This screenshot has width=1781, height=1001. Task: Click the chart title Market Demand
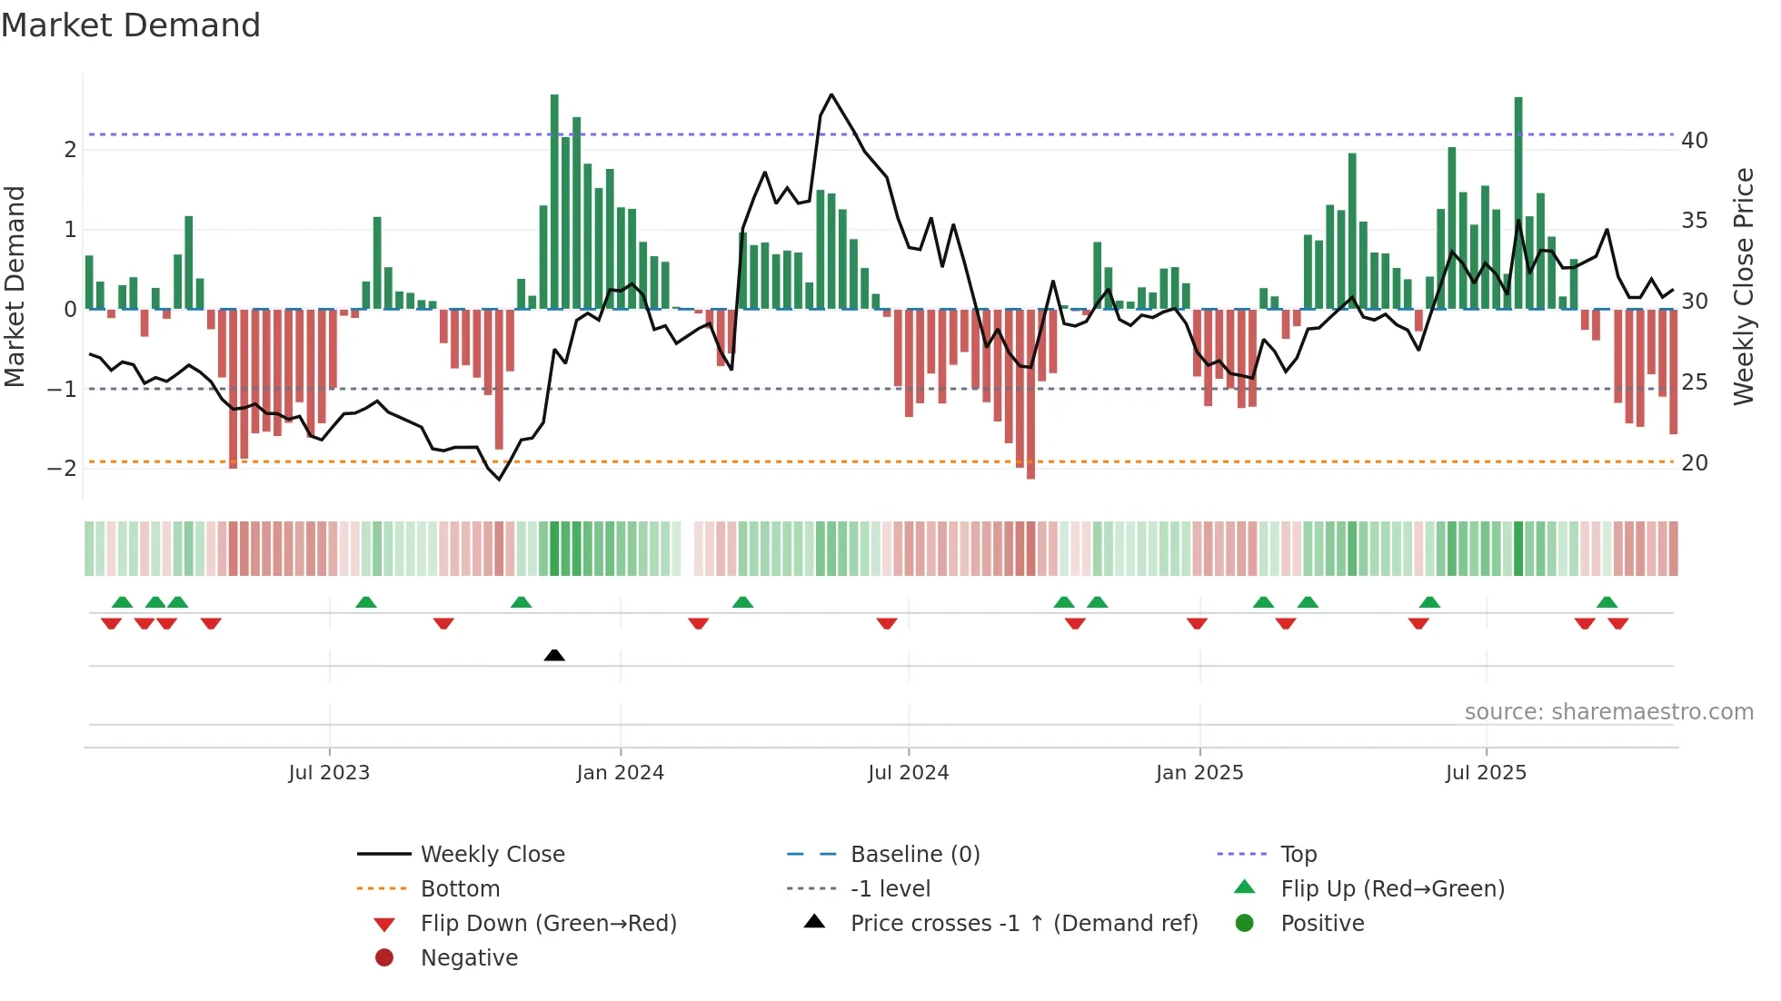[x=131, y=25]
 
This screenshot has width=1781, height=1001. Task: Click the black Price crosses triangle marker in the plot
[x=554, y=655]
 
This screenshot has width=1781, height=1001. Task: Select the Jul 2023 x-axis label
[x=329, y=773]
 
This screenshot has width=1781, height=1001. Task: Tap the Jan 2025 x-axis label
[x=1199, y=773]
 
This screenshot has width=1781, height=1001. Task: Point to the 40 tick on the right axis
[x=1694, y=141]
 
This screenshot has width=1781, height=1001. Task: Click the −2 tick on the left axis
[x=62, y=469]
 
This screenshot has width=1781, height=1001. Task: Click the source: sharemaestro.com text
[x=1608, y=712]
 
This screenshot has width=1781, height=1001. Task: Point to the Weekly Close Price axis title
[x=1743, y=286]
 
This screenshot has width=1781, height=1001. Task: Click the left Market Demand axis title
[x=15, y=286]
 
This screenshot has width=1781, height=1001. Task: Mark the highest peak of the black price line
[x=831, y=94]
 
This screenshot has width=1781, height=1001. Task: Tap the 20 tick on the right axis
[x=1694, y=463]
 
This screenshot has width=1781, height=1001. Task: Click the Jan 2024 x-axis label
[x=621, y=773]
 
